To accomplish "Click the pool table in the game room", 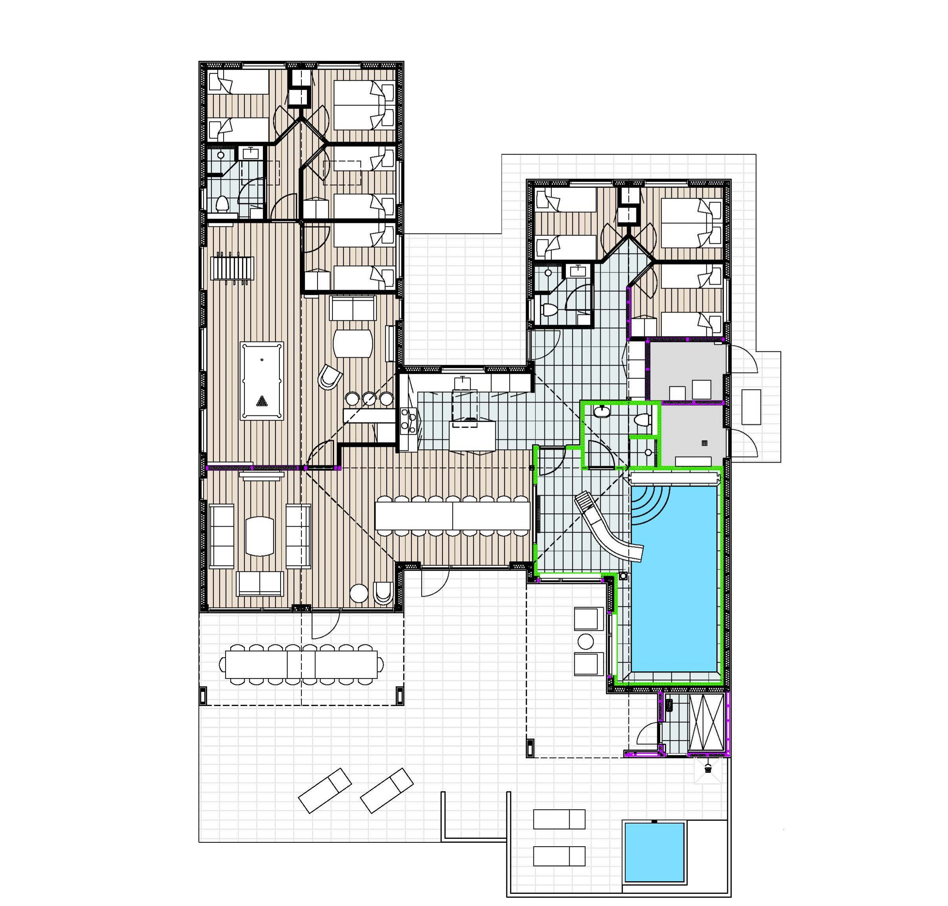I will [261, 380].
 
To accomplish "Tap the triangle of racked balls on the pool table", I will [261, 401].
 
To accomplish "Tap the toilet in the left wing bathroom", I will [222, 204].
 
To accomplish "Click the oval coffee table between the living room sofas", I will [259, 537].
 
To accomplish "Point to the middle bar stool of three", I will [369, 399].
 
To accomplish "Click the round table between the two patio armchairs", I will [585, 642].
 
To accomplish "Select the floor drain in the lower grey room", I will [704, 443].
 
